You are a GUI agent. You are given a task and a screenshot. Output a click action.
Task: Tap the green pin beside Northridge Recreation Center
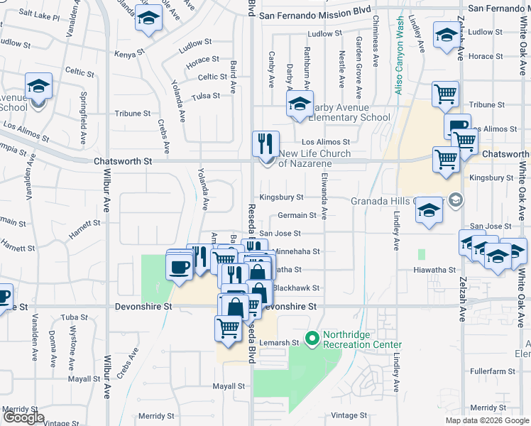tap(311, 338)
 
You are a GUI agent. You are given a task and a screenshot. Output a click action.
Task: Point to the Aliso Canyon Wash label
tap(400, 53)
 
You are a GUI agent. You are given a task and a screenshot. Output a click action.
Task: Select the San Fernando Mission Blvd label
tap(314, 12)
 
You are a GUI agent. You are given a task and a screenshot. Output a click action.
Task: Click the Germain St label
tap(297, 215)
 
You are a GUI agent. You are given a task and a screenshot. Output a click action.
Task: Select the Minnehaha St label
tap(297, 251)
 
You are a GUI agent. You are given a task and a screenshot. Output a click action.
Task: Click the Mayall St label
tap(229, 387)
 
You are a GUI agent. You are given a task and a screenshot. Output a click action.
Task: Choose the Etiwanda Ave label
tap(324, 197)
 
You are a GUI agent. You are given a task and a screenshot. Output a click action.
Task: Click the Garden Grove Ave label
tap(359, 60)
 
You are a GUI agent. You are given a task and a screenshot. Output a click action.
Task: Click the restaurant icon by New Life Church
tap(265, 144)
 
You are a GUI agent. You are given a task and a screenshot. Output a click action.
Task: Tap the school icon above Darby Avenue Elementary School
tap(300, 104)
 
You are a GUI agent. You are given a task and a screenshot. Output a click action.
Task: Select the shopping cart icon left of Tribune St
tap(445, 94)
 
